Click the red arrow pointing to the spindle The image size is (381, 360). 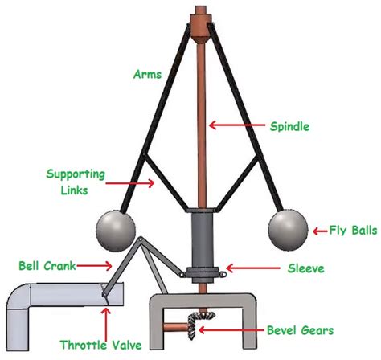[x=236, y=125]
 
